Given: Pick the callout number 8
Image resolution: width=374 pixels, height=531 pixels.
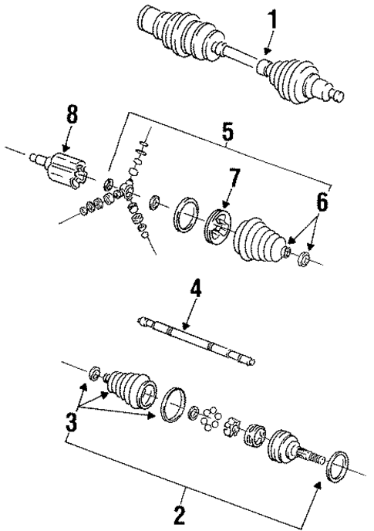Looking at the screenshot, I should click(72, 117).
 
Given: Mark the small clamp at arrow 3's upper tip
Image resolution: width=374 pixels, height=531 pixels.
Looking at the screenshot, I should click(95, 375).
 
